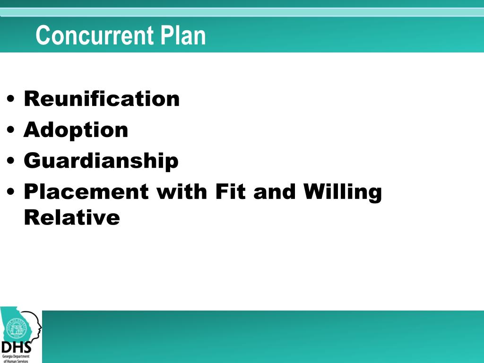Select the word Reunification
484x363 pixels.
(x=102, y=99)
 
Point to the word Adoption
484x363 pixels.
(x=76, y=130)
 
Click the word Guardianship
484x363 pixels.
(x=101, y=161)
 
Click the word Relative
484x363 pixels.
(x=72, y=218)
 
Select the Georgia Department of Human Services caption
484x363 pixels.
(x=16, y=358)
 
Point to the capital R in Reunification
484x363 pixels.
(x=31, y=99)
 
